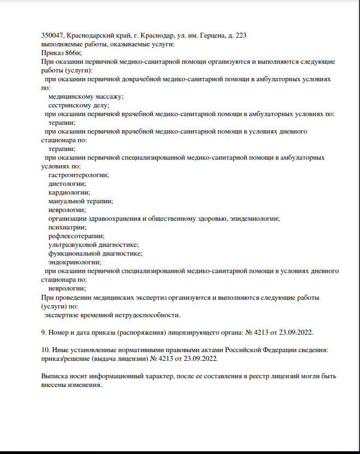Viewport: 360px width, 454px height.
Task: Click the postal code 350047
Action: [x=52, y=35]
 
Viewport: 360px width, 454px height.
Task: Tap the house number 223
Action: [x=240, y=35]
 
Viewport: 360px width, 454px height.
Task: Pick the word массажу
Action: [x=108, y=96]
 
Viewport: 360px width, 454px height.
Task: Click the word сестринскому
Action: [x=70, y=105]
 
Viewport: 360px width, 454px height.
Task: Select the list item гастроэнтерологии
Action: [x=78, y=175]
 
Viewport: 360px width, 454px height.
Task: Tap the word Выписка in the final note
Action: [x=54, y=376]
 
